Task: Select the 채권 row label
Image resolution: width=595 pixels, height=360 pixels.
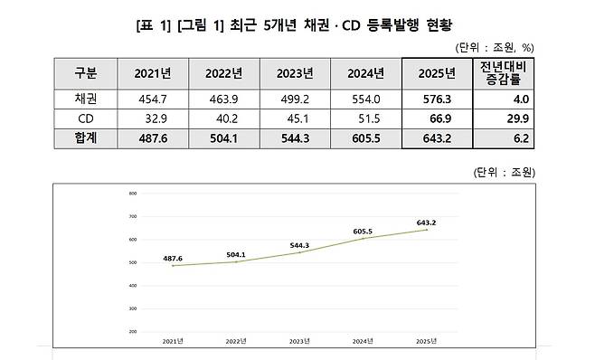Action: pyautogui.click(x=80, y=99)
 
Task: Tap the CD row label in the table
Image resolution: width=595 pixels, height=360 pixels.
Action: pyautogui.click(x=80, y=118)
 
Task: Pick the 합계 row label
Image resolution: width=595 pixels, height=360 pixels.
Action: pyautogui.click(x=80, y=137)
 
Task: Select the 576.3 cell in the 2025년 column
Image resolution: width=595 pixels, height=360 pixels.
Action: pyautogui.click(x=439, y=99)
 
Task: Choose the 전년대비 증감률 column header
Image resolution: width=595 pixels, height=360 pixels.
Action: pyautogui.click(x=514, y=73)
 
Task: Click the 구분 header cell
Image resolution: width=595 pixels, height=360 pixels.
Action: pyautogui.click(x=80, y=73)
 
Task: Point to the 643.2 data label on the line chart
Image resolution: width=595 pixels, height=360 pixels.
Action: pyautogui.click(x=427, y=223)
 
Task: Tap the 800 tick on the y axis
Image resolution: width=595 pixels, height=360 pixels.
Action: pyautogui.click(x=132, y=194)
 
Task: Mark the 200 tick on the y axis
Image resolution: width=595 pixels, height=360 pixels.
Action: pyautogui.click(x=132, y=332)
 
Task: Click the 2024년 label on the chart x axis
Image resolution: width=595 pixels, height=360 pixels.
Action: pyautogui.click(x=363, y=341)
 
